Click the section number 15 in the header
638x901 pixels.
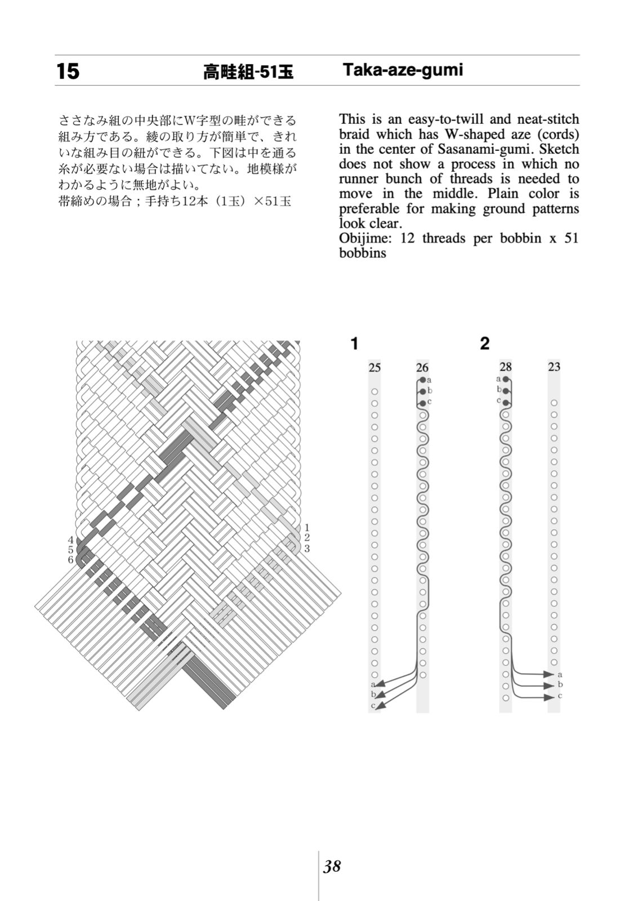point(68,72)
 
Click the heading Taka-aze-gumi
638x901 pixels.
point(402,70)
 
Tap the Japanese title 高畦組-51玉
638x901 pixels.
point(248,72)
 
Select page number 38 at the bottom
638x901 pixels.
point(332,866)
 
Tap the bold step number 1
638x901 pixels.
point(354,343)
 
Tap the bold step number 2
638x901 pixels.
point(485,343)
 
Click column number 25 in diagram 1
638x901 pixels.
point(374,368)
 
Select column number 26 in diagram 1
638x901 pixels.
point(422,368)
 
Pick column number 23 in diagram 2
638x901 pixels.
point(554,367)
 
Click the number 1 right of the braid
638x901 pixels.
point(307,528)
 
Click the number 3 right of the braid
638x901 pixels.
point(307,548)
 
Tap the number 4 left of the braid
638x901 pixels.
point(71,539)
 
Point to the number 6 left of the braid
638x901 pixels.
point(71,560)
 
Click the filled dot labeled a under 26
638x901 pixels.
point(422,380)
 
